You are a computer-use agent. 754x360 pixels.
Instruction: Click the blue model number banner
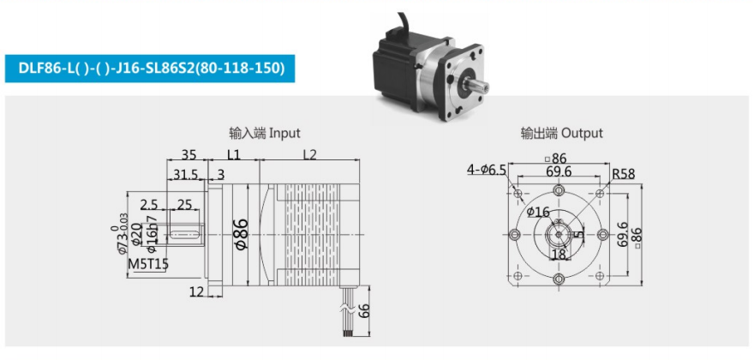pos(150,69)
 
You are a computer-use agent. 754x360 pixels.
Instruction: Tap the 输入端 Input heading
pos(265,132)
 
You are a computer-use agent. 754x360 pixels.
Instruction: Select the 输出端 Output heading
pos(561,132)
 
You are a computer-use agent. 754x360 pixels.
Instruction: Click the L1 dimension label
pos(233,154)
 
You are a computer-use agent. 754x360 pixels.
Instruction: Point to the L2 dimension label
pos(309,154)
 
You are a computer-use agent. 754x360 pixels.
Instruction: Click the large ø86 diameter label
pos(241,234)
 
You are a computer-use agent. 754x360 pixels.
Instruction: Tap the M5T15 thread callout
pos(148,264)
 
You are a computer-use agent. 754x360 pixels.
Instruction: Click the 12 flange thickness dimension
pos(196,291)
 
